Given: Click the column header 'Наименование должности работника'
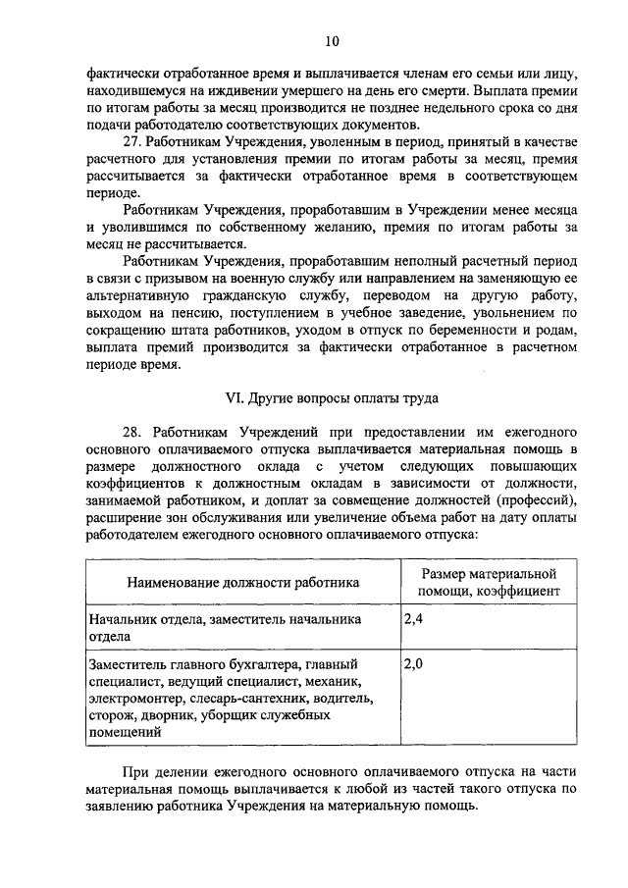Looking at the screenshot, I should pyautogui.click(x=243, y=582).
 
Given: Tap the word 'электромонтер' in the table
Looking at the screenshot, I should pyautogui.click(x=134, y=700).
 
